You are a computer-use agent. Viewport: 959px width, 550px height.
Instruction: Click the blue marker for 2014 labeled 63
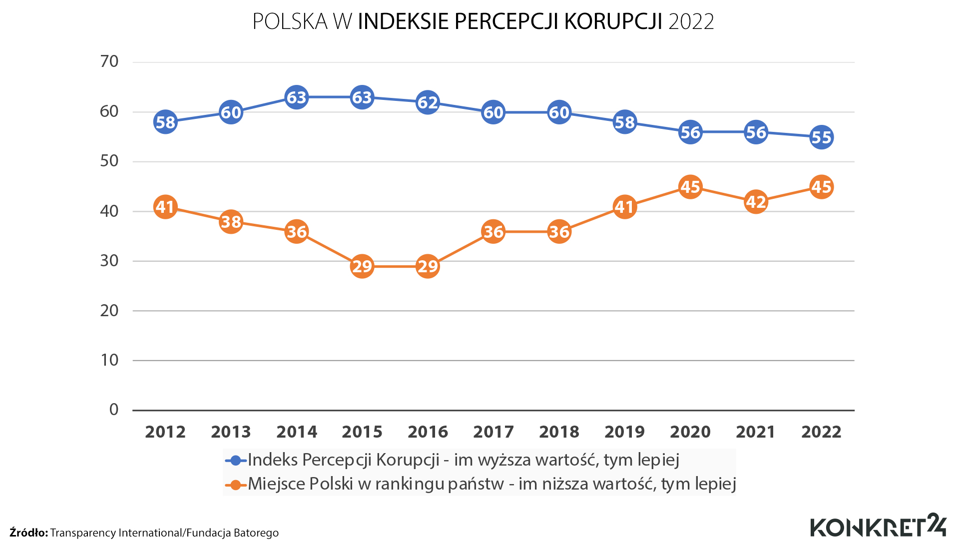(297, 97)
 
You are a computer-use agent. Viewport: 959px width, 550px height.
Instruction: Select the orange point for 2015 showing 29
(362, 266)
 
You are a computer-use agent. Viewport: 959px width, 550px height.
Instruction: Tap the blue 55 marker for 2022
(822, 137)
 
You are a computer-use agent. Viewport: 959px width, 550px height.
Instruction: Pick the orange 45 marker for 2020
(690, 187)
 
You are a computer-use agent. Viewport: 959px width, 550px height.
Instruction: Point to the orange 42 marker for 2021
(756, 202)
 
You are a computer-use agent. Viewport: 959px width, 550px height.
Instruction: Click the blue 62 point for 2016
(428, 102)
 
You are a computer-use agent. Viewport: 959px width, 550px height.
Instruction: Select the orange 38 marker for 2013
(231, 221)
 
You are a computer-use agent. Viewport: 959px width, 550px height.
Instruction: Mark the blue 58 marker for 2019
(624, 122)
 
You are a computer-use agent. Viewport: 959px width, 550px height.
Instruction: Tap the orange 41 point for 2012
(165, 206)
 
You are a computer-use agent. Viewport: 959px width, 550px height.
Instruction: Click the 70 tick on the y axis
(109, 61)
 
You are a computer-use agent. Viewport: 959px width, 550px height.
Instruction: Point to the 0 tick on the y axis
(114, 410)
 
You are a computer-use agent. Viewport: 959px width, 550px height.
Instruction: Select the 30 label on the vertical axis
(109, 260)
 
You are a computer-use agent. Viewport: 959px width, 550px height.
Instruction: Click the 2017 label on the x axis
(493, 432)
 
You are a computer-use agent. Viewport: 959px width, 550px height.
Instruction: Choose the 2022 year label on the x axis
(821, 432)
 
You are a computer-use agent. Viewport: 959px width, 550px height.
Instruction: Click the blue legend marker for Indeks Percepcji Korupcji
(236, 460)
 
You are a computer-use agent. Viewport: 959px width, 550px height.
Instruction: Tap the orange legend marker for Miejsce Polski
(236, 484)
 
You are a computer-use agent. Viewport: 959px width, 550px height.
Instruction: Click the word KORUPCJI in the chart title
(613, 21)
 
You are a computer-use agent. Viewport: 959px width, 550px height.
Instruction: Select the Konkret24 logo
(878, 526)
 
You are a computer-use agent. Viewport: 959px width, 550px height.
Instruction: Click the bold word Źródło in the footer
(28, 533)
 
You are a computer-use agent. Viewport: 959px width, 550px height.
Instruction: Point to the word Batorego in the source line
(256, 533)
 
